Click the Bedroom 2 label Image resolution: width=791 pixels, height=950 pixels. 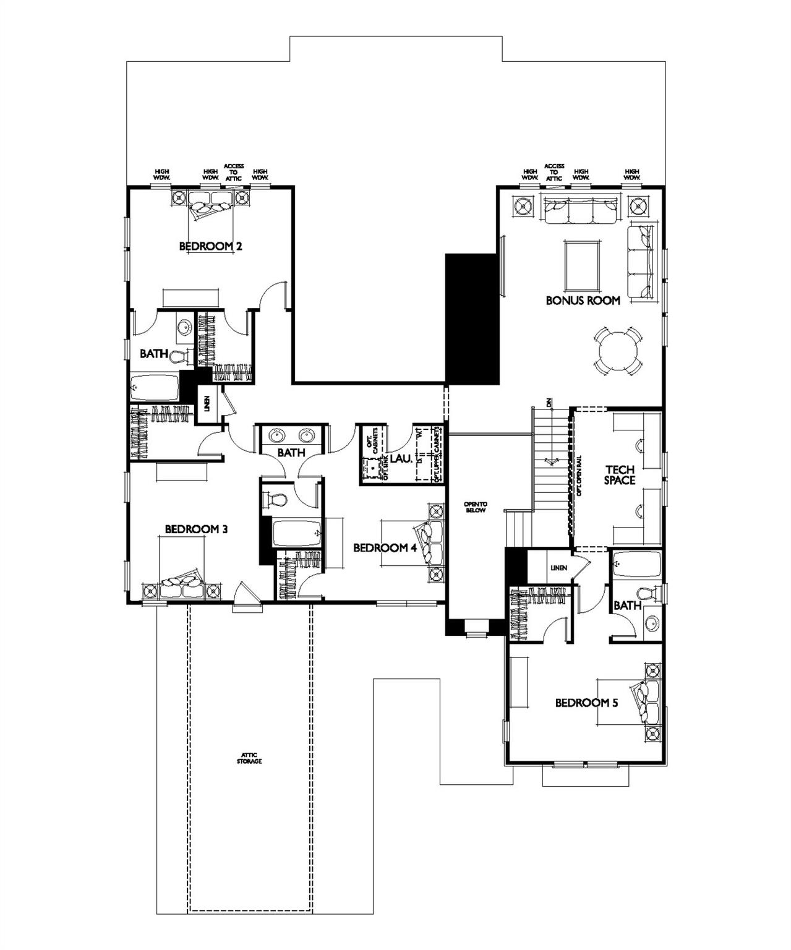tap(210, 246)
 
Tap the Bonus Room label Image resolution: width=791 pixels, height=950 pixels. tap(583, 301)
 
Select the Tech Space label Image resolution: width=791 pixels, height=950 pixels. tap(620, 475)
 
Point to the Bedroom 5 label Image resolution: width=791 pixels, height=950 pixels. tap(586, 703)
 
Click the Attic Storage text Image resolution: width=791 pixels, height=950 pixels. tap(249, 758)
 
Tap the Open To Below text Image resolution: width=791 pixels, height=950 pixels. tap(475, 507)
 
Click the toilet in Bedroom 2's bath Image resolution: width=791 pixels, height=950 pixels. tap(179, 357)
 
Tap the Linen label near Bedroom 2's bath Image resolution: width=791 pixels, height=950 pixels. tap(208, 404)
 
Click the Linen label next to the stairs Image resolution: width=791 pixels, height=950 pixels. tap(558, 568)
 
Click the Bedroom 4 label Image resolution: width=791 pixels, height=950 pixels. tap(380, 548)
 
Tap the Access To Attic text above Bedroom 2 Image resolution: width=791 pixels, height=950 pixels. tap(234, 172)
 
